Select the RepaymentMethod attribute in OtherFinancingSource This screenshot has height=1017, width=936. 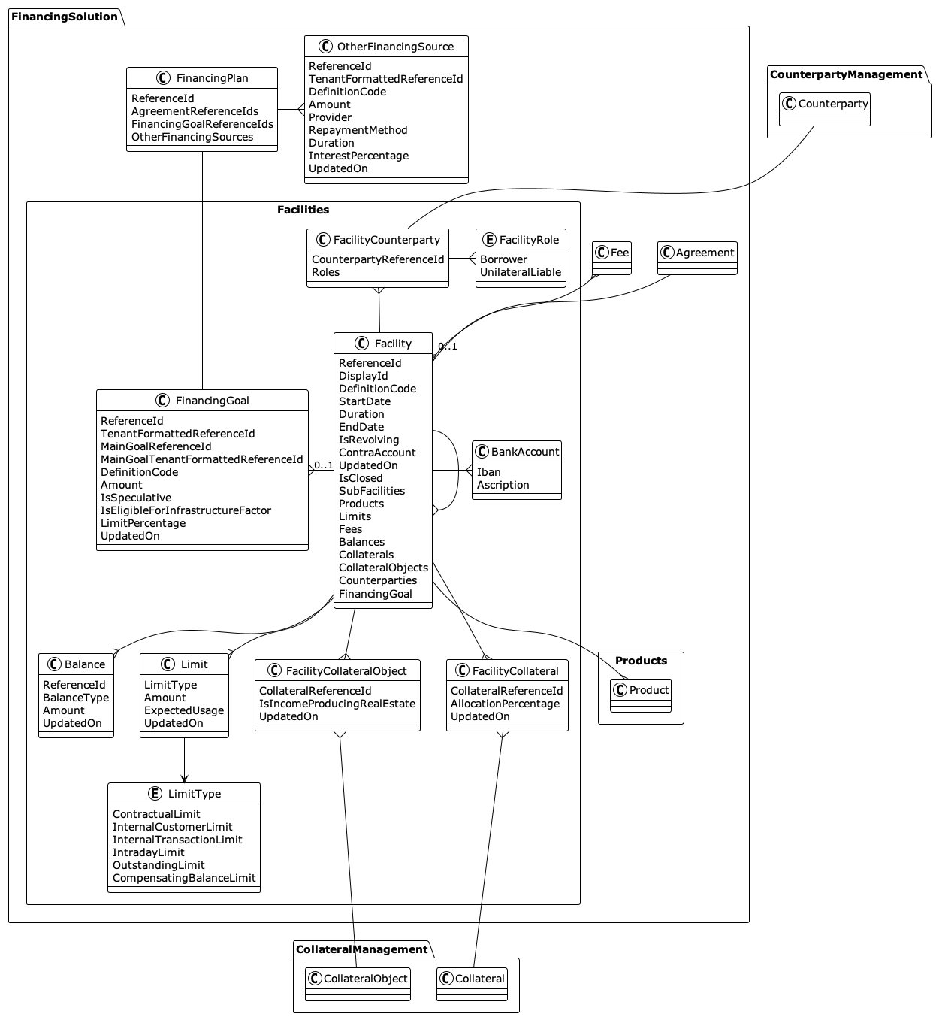click(358, 130)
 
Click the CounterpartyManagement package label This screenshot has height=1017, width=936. click(846, 74)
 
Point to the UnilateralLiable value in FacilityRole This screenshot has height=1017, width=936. click(521, 272)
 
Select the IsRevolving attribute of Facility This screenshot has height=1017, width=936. click(369, 440)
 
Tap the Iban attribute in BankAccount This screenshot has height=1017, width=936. click(488, 472)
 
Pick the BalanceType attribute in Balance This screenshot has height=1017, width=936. click(76, 698)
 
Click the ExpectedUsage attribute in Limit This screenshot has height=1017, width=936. click(184, 710)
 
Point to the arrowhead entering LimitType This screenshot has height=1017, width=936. click(184, 779)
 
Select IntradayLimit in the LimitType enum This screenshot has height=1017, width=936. click(149, 852)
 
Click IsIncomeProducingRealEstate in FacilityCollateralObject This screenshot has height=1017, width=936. click(337, 704)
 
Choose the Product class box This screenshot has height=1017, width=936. click(641, 690)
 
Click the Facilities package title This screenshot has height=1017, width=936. click(303, 210)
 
